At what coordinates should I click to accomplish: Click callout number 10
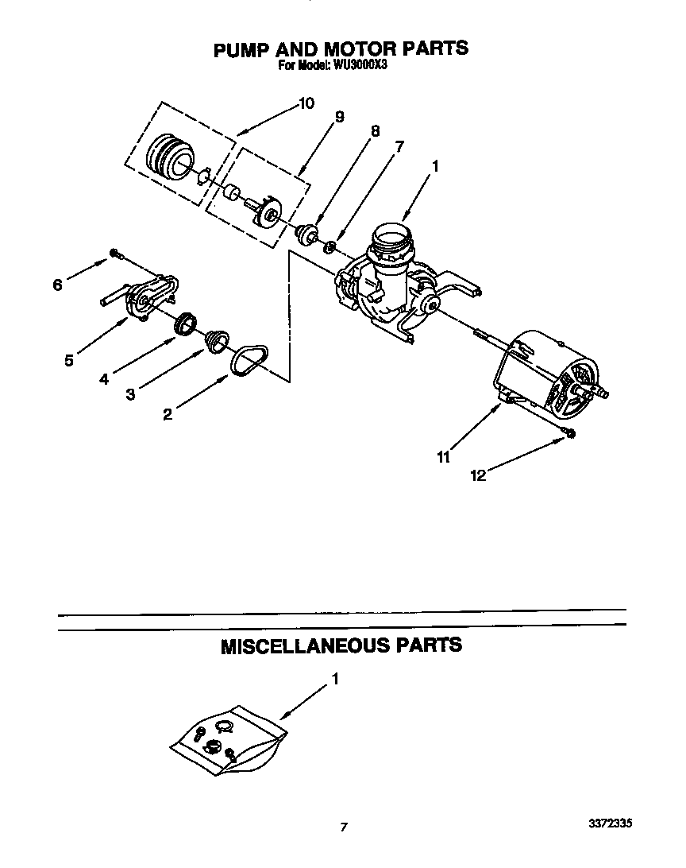coord(306,103)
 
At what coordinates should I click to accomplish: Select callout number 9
coord(339,117)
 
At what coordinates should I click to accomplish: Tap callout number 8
coord(375,131)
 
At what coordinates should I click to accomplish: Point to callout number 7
coord(399,146)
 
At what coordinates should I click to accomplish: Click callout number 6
coord(57,285)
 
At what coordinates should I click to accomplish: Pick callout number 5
coord(69,360)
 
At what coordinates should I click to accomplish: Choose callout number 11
coord(443,457)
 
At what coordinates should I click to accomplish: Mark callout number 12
coord(477,475)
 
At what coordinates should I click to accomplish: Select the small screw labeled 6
coord(116,254)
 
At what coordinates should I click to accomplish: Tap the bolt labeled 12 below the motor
coord(570,432)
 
